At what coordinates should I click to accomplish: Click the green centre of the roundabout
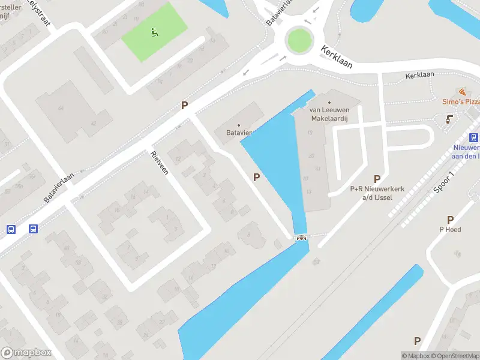coord(299,41)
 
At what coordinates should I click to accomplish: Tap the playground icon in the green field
coord(155,32)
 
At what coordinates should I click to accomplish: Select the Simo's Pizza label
coord(461,102)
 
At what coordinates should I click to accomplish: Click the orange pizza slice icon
coord(462,92)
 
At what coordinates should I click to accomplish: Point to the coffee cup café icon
coord(449,120)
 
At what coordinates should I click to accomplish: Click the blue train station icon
coord(473,137)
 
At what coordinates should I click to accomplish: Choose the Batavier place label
coord(238,133)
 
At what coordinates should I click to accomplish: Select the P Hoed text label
coord(450,229)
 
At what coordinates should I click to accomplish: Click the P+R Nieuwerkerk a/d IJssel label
coord(377,193)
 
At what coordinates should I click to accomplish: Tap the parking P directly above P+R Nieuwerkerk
coord(377,179)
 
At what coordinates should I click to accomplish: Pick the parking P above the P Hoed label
coord(450,220)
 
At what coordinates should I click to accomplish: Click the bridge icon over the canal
coord(301,238)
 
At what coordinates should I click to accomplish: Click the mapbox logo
coord(26,353)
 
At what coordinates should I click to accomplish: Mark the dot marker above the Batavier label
coord(238,125)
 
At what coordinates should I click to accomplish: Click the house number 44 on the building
coord(61,108)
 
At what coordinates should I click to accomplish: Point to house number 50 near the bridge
coord(316,260)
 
